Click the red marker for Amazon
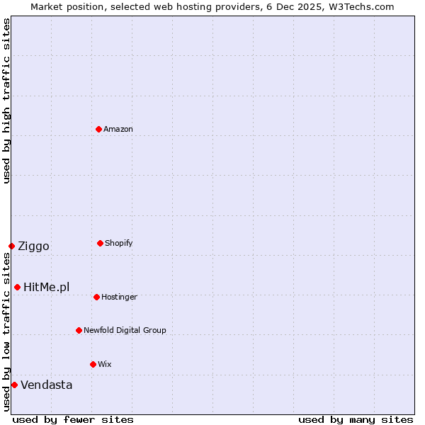pyautogui.click(x=98, y=129)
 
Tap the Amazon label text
pyautogui.click(x=118, y=129)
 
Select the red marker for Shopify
pyautogui.click(x=100, y=243)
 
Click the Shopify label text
pyautogui.click(x=119, y=243)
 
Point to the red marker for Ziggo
pyautogui.click(x=11, y=246)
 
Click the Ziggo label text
pyautogui.click(x=33, y=246)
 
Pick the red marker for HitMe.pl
pyautogui.click(x=17, y=287)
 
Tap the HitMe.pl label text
pyautogui.click(x=47, y=287)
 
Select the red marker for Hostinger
pyautogui.click(x=96, y=297)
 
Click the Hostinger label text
pyautogui.click(x=119, y=297)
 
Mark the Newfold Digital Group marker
pyautogui.click(x=79, y=330)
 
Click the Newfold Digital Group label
pyautogui.click(x=125, y=330)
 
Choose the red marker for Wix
pyautogui.click(x=93, y=364)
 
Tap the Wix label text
pyautogui.click(x=105, y=364)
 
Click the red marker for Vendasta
pyautogui.click(x=14, y=385)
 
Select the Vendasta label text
pyautogui.click(x=47, y=385)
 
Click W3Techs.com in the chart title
pyautogui.click(x=361, y=6)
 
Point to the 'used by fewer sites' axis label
pyautogui.click(x=73, y=419)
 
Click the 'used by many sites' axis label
pyautogui.click(x=356, y=419)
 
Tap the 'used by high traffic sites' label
pyautogui.click(x=6, y=101)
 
